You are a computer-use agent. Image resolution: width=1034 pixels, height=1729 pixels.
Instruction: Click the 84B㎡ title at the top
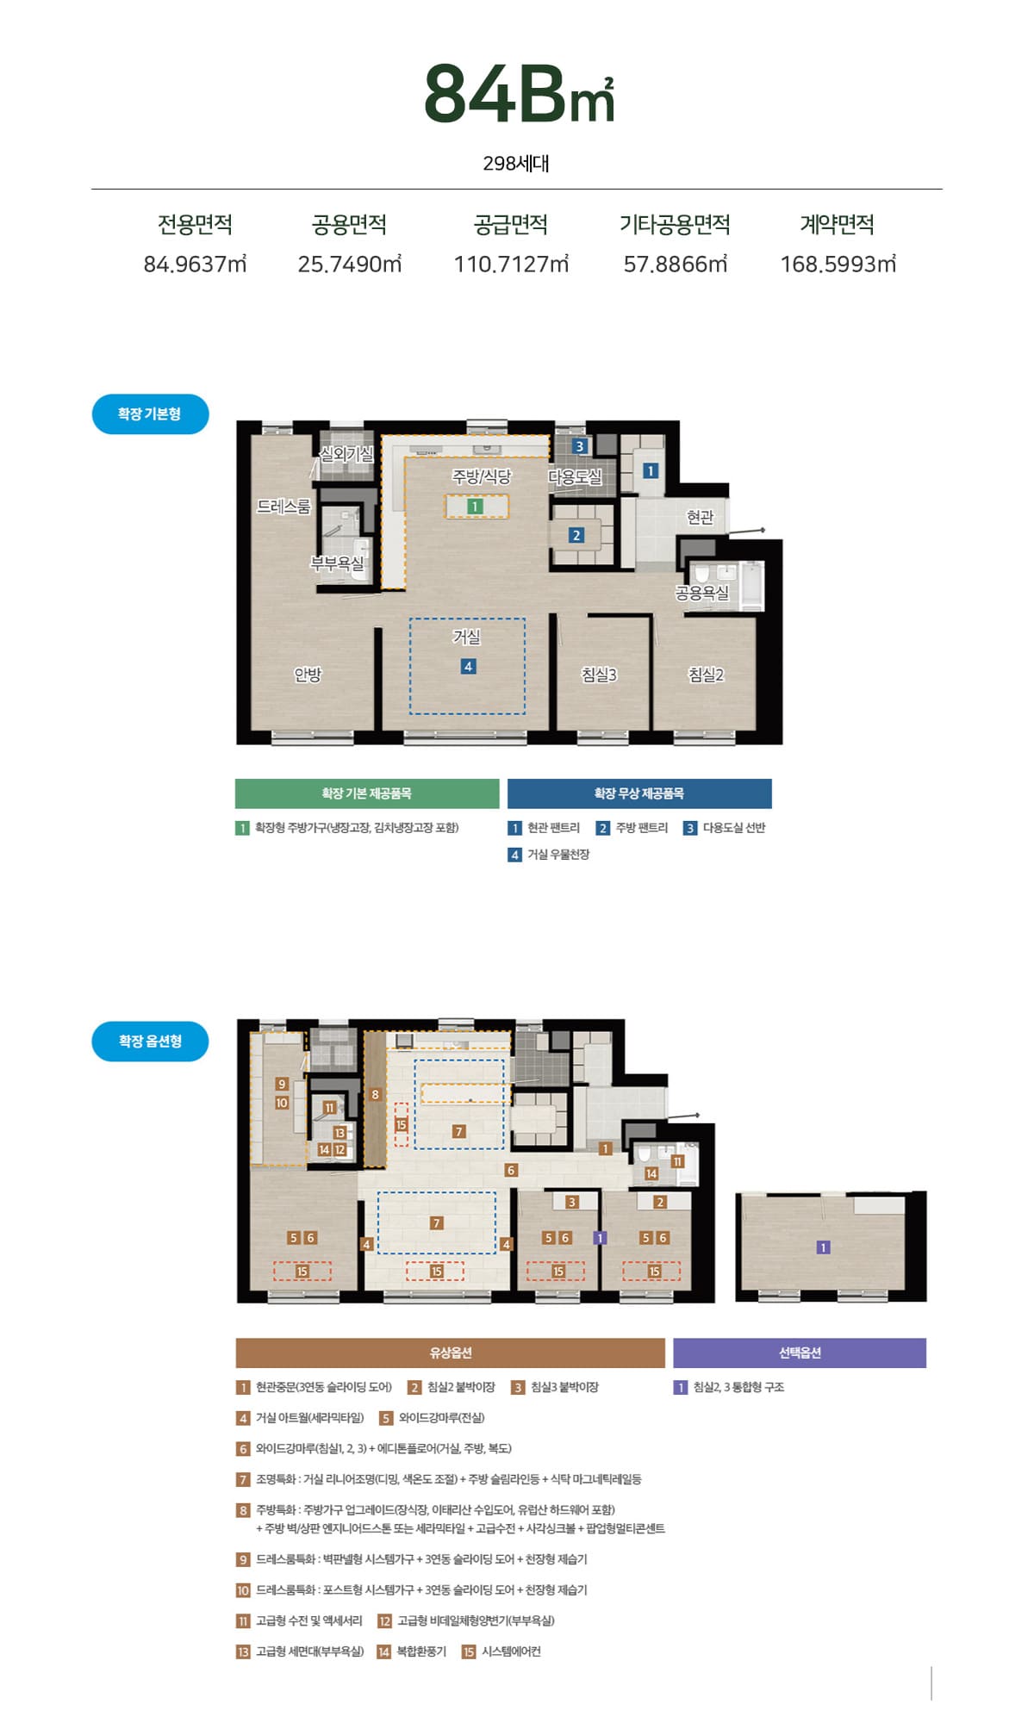[x=519, y=94]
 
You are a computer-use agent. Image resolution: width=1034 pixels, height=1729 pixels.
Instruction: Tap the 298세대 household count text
[x=516, y=164]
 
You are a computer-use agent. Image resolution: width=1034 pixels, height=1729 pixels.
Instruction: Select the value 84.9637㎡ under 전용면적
[x=195, y=264]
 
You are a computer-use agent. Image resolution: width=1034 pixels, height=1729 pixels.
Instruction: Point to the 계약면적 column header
[x=837, y=225]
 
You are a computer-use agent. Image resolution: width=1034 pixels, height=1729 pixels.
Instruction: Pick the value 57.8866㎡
[x=676, y=264]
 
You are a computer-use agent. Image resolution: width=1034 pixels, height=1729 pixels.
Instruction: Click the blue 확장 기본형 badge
[x=150, y=414]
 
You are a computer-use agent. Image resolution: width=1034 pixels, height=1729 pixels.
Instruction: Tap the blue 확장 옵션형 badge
[x=150, y=1042]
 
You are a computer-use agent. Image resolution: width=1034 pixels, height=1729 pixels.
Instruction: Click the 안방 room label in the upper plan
[x=308, y=675]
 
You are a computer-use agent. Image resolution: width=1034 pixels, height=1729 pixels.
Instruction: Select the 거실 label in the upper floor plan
[x=467, y=637]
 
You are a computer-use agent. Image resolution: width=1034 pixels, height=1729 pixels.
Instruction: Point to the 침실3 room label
[x=600, y=675]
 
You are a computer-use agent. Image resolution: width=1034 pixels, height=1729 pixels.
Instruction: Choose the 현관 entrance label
[x=701, y=517]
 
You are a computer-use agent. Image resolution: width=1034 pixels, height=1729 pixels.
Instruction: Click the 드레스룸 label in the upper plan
[x=283, y=507]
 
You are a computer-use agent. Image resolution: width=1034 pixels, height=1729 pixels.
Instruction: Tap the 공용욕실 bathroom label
[x=702, y=593]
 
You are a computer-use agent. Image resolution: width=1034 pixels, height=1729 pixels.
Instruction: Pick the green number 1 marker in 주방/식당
[x=475, y=507]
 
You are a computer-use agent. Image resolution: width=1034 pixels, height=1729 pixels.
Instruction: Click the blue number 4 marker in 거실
[x=468, y=666]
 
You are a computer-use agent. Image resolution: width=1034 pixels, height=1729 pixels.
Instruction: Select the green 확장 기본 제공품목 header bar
[x=367, y=793]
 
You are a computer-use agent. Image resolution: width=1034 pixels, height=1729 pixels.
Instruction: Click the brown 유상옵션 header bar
[x=451, y=1353]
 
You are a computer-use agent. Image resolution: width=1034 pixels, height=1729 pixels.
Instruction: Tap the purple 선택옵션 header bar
[x=800, y=1353]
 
